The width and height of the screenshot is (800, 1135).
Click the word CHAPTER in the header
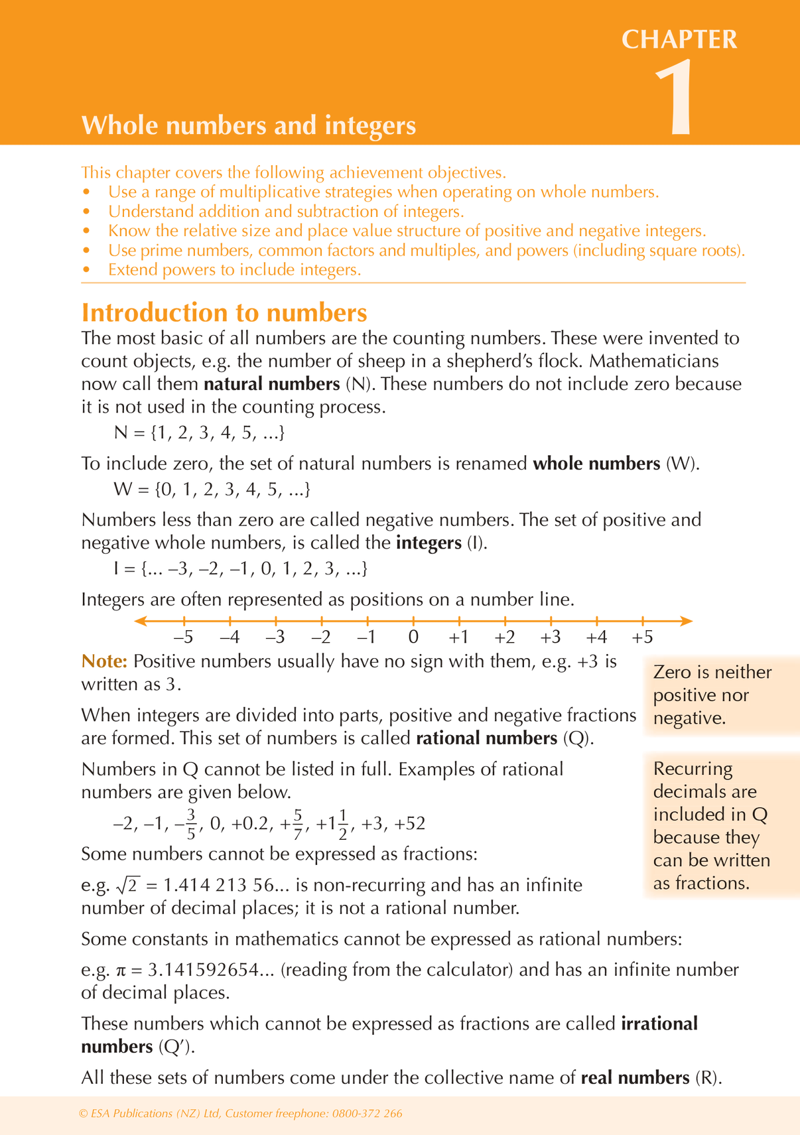(679, 40)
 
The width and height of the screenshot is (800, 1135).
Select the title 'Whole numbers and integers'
(248, 125)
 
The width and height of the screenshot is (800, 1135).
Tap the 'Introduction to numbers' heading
(224, 312)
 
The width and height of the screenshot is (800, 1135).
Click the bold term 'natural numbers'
(272, 384)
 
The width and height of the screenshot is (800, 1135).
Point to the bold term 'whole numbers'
(596, 463)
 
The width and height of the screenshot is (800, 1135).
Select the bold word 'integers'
(429, 543)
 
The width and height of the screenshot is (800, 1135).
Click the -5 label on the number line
(183, 637)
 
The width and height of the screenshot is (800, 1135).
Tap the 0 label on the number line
(413, 637)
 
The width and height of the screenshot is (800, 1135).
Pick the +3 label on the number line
(550, 637)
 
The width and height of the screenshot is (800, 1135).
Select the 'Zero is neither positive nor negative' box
(712, 695)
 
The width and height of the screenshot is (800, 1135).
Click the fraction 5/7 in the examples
(298, 823)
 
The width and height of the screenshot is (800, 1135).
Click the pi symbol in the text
(120, 970)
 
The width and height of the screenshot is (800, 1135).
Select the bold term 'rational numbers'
(487, 738)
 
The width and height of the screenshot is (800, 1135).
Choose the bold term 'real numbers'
(635, 1077)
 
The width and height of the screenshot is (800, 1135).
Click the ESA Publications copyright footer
(240, 1114)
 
